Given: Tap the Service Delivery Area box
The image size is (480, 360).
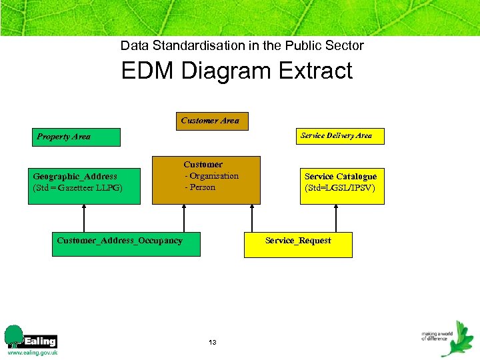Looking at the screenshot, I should pyautogui.click(x=336, y=135).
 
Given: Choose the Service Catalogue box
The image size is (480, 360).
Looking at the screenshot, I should pyautogui.click(x=340, y=182).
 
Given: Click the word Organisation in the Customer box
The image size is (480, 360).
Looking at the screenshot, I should pyautogui.click(x=214, y=176).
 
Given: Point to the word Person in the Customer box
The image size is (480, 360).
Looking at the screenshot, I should pyautogui.click(x=203, y=187).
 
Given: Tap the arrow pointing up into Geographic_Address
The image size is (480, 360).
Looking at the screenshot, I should pyautogui.click(x=84, y=217).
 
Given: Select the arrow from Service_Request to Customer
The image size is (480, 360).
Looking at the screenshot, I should pyautogui.click(x=251, y=217).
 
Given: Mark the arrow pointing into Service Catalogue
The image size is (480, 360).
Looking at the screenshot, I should pyautogui.click(x=336, y=217).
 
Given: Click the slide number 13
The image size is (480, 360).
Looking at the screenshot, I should pyautogui.click(x=212, y=343).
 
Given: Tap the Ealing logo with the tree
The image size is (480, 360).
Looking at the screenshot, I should pyautogui.click(x=31, y=337).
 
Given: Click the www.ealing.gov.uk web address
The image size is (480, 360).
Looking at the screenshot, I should pyautogui.click(x=32, y=353).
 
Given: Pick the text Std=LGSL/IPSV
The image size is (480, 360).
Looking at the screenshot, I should pyautogui.click(x=340, y=188).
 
